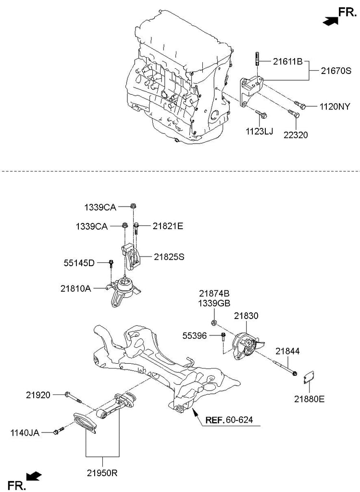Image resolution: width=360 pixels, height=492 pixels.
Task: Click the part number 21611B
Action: (287, 61)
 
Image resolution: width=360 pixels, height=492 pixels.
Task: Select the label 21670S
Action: (336, 71)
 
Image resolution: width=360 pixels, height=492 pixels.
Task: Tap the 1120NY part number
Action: (335, 107)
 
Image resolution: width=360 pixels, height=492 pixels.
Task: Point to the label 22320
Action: (296, 135)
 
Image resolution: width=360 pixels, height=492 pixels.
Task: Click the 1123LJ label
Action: (259, 131)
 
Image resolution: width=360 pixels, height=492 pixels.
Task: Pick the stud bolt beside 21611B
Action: (257, 58)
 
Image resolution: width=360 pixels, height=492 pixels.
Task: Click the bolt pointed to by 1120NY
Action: (300, 105)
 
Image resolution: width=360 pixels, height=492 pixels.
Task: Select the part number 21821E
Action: (168, 226)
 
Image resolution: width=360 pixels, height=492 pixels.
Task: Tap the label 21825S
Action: (169, 257)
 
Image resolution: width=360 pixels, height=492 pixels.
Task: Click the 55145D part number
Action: (79, 263)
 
